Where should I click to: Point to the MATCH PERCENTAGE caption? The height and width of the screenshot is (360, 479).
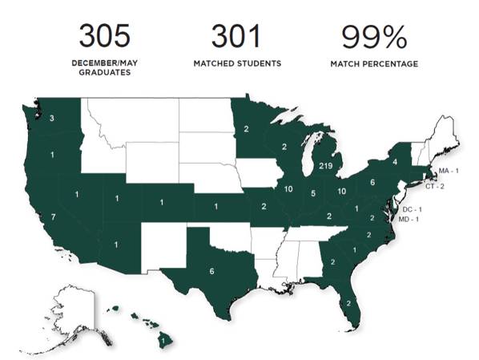click(375, 64)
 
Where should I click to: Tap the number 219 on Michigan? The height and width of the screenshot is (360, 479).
click(324, 166)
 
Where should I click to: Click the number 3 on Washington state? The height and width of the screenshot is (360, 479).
click(51, 119)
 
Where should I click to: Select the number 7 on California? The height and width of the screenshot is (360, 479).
click(52, 218)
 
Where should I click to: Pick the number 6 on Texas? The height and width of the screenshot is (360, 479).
click(211, 272)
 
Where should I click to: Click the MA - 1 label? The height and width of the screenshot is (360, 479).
click(449, 172)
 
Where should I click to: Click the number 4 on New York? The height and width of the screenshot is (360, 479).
click(395, 162)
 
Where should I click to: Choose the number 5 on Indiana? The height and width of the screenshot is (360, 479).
click(312, 193)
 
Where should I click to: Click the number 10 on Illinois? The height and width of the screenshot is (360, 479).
click(287, 189)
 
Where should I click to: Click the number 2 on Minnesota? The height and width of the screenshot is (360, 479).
click(245, 129)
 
